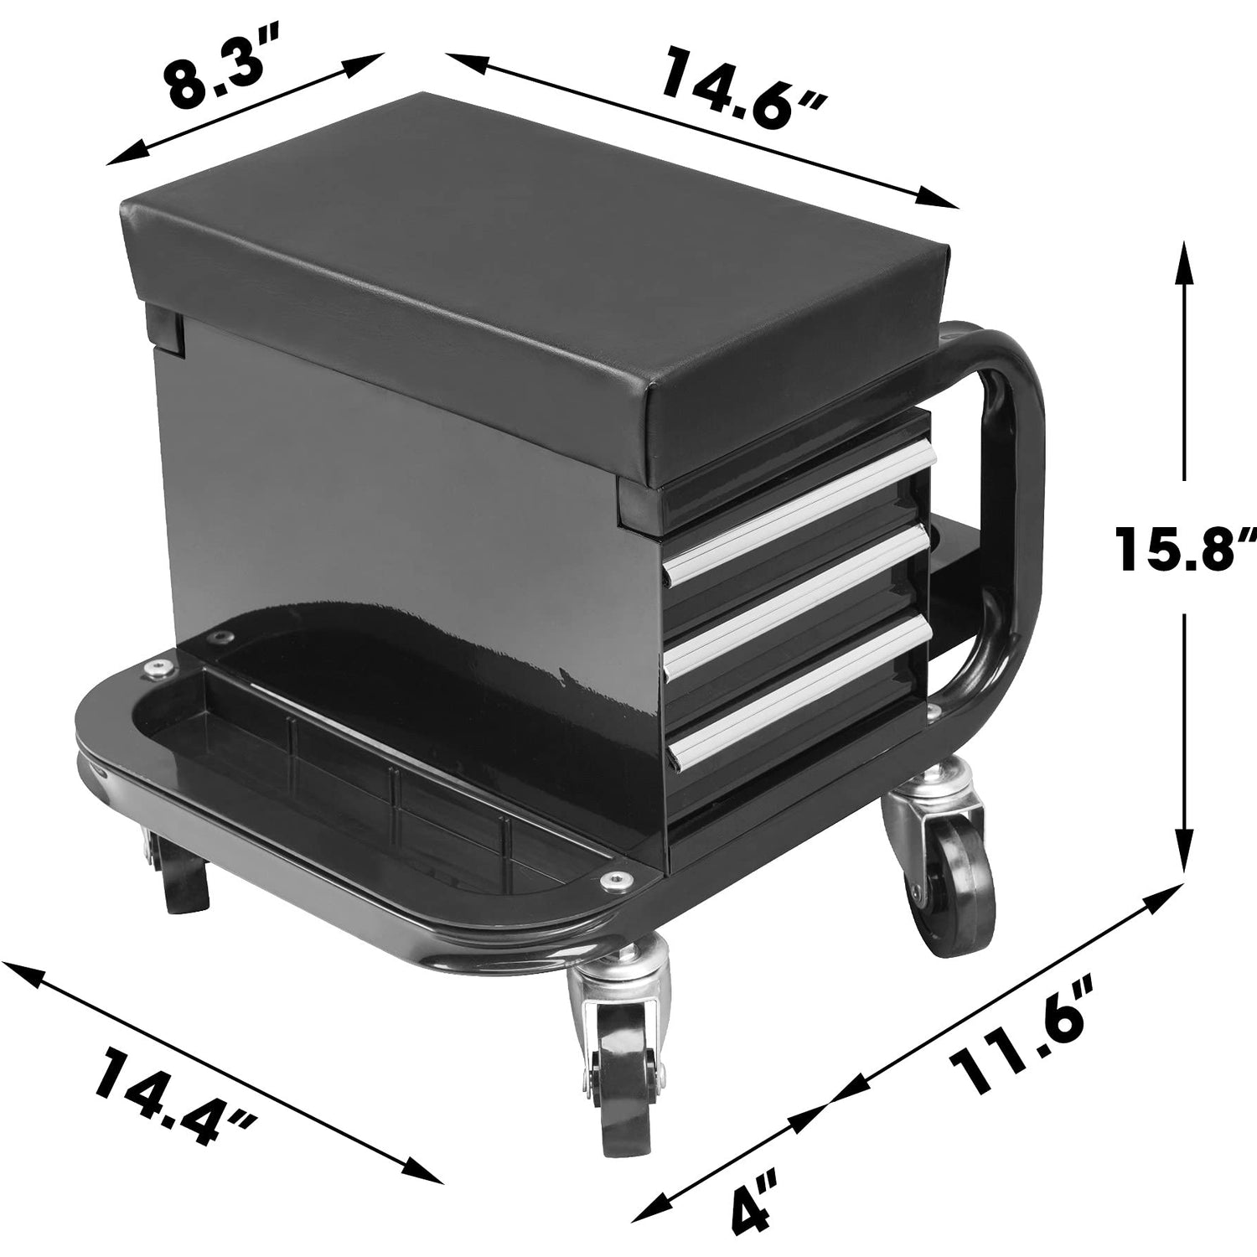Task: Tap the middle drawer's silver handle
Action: pyautogui.click(x=796, y=600)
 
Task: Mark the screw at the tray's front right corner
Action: pyautogui.click(x=617, y=879)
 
